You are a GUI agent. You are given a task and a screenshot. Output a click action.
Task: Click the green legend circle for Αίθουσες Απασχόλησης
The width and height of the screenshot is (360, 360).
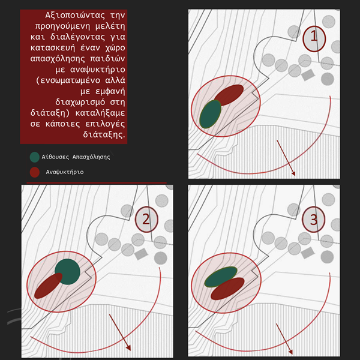coord(35,157)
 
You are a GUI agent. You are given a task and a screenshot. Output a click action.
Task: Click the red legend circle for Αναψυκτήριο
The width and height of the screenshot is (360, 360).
coord(35,172)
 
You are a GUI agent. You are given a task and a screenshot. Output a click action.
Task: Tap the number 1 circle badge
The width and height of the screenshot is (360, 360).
coord(314,38)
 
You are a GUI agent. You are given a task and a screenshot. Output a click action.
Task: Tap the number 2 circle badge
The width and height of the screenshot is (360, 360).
coord(146,219)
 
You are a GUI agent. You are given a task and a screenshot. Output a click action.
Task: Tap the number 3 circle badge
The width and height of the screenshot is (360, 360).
coord(313,220)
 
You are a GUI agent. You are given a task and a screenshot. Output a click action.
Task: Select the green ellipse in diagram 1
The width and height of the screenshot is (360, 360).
coord(211,114)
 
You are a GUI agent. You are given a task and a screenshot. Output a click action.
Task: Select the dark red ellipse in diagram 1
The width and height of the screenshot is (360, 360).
coord(229,95)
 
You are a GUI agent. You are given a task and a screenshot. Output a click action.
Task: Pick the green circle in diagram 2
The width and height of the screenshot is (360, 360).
coord(67,272)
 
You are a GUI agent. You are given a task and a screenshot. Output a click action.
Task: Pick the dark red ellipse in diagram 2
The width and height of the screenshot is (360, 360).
coord(49,286)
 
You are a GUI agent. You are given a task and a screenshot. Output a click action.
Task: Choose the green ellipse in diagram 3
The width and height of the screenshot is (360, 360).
coord(221,277)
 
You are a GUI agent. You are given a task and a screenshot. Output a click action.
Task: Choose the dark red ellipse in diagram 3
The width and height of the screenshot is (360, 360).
coord(227,289)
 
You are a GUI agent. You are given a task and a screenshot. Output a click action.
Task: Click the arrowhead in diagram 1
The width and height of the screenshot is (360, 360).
coord(293,173)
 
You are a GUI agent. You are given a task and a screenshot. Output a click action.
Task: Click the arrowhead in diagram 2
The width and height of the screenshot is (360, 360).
coord(128,347)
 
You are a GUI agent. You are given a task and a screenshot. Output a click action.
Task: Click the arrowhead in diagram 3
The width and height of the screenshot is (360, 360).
coord(290,351)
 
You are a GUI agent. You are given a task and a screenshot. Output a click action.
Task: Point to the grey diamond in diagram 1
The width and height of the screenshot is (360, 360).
coord(308,75)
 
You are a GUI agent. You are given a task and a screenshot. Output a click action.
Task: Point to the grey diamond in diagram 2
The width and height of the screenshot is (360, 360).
coord(141,254)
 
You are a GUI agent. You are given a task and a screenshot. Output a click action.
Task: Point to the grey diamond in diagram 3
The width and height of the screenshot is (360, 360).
coord(307,253)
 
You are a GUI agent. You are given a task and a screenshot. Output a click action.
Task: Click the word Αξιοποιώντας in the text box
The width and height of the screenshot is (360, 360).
coord(75,16)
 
